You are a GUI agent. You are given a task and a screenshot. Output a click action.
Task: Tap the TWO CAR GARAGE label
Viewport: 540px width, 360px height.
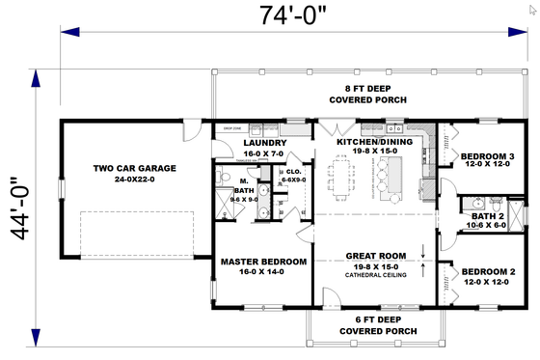click(x=134, y=168)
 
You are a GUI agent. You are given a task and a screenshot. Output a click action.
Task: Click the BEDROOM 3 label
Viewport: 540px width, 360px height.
click(x=486, y=156)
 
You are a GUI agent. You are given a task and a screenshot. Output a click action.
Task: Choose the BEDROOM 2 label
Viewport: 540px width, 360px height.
click(x=486, y=271)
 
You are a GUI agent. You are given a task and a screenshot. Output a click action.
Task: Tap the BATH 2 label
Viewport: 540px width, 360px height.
click(x=488, y=215)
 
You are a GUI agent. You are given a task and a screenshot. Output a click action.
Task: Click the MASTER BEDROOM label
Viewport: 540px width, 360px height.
click(x=263, y=261)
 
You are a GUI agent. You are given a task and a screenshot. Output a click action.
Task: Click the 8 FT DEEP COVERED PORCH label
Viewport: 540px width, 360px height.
click(x=367, y=94)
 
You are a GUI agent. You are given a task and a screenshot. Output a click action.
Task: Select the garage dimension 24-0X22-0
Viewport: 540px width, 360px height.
click(x=134, y=180)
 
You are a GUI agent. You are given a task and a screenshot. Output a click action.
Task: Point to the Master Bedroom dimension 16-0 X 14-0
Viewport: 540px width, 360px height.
click(x=263, y=272)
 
